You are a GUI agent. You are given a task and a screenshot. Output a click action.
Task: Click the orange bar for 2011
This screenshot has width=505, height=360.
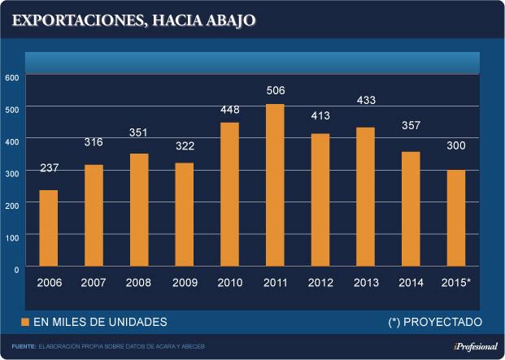(x=276, y=184)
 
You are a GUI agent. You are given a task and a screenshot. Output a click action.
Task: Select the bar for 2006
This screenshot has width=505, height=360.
(x=49, y=228)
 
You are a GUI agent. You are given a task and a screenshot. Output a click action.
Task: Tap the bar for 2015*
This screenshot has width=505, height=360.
(x=457, y=218)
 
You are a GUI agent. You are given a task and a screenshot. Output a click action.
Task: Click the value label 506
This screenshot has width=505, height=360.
(x=276, y=90)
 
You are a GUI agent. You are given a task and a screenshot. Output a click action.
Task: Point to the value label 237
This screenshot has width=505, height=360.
(x=49, y=168)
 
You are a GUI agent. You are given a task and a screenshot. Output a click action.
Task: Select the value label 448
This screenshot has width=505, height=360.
(x=230, y=111)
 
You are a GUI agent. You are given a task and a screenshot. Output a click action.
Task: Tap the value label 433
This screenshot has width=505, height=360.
(x=366, y=101)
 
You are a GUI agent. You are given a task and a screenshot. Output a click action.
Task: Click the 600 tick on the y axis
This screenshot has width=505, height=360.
(x=11, y=76)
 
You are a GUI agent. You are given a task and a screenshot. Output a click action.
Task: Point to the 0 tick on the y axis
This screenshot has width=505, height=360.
(x=15, y=268)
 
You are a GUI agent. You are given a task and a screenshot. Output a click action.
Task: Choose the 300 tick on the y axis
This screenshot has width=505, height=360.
(x=11, y=172)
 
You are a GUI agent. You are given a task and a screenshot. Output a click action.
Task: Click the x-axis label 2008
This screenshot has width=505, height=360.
(x=139, y=283)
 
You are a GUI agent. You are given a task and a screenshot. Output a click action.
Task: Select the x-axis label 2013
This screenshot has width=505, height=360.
(x=366, y=283)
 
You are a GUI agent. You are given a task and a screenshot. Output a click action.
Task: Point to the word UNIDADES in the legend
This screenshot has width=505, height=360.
(x=139, y=322)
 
